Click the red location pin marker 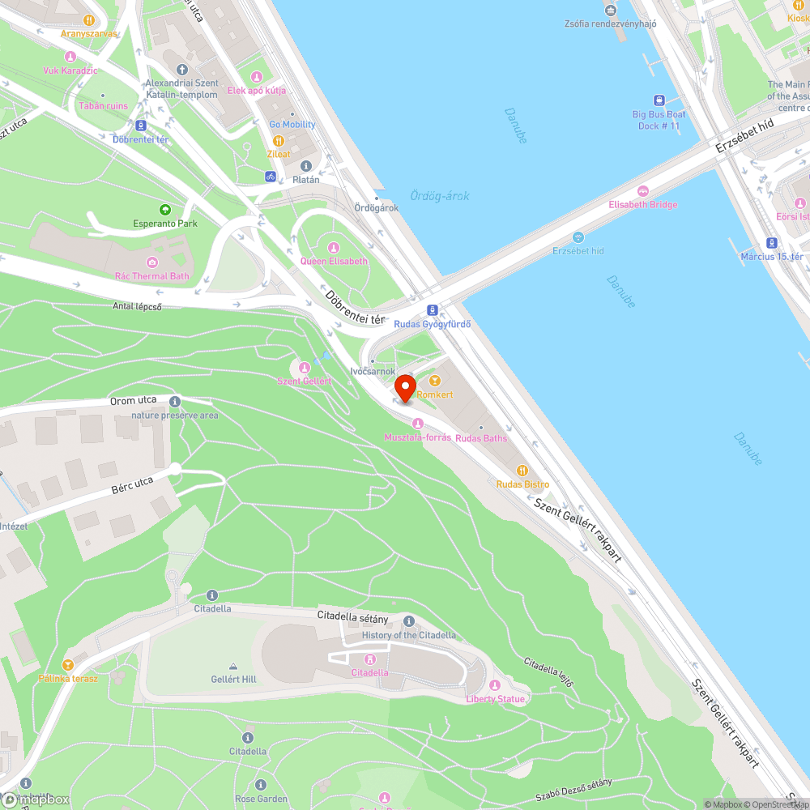[404, 386]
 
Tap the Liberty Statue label [495, 699]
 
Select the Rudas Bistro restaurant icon [522, 471]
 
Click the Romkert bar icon [434, 381]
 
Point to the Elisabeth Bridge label [643, 205]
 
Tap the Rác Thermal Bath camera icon [151, 262]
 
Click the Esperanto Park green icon [165, 209]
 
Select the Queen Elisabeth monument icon [334, 247]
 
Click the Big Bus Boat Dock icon [659, 100]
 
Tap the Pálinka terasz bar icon [68, 664]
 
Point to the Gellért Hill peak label [233, 679]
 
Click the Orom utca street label [134, 400]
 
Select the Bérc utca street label [132, 484]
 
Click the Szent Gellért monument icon [305, 367]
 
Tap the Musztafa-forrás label [417, 437]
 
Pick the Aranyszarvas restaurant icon [89, 20]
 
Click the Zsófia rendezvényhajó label [610, 23]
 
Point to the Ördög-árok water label [439, 196]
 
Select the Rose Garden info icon [261, 785]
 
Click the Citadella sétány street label [352, 618]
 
